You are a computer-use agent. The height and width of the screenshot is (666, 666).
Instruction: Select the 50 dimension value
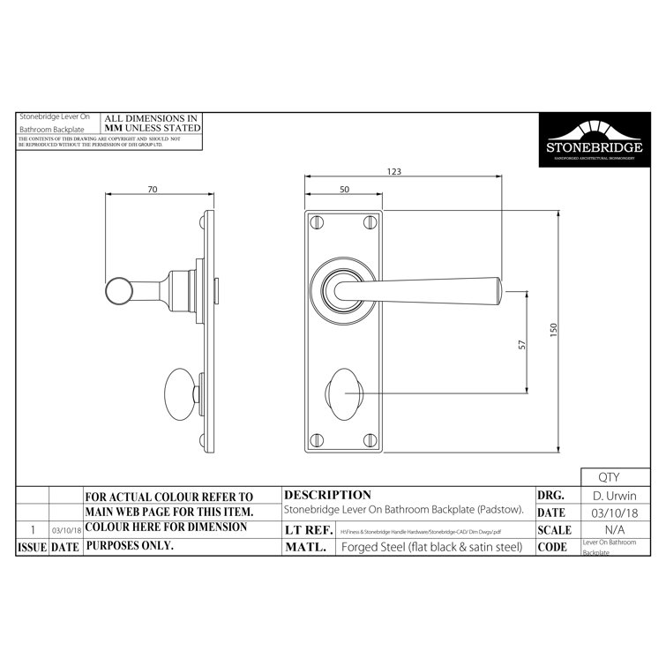pyautogui.click(x=343, y=190)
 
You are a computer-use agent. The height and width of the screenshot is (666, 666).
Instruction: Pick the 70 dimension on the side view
pyautogui.click(x=153, y=188)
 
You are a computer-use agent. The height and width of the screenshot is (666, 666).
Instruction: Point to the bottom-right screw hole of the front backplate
pyautogui.click(x=369, y=438)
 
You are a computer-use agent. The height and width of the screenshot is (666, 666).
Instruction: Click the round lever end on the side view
pyautogui.click(x=117, y=291)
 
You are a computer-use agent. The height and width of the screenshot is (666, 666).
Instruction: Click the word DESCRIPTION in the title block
pyautogui.click(x=328, y=495)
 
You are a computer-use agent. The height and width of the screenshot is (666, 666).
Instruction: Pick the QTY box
pyautogui.click(x=609, y=477)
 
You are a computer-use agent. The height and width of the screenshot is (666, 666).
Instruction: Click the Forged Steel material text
pyautogui.click(x=431, y=547)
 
